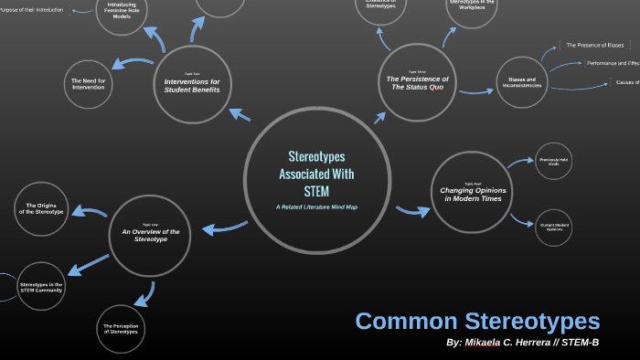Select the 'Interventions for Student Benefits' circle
(x=192, y=85)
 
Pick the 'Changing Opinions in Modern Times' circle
(x=472, y=191)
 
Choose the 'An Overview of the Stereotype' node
(x=150, y=237)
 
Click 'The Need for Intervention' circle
(x=89, y=85)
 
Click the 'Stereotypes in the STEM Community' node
(x=40, y=288)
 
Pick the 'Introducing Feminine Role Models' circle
(x=123, y=13)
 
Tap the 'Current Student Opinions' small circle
(x=553, y=228)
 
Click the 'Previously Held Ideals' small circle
(x=552, y=161)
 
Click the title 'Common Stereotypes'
(x=477, y=321)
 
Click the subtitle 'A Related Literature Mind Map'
(x=316, y=206)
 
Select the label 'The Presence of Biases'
(x=594, y=45)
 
